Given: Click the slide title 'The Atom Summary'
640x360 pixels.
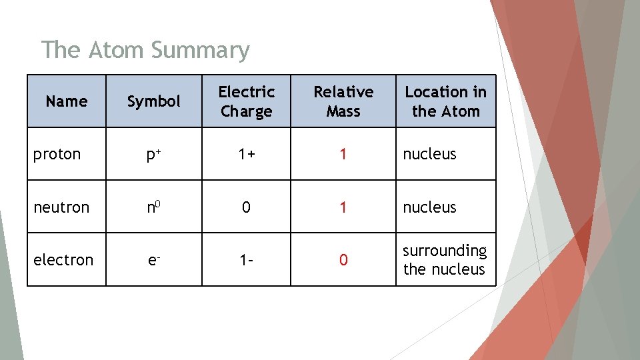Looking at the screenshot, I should [x=145, y=50].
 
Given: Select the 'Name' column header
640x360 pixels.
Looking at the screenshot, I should [x=67, y=101].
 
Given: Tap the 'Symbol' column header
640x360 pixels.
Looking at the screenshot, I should [x=154, y=101].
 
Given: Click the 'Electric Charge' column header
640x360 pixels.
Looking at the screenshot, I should [x=247, y=101].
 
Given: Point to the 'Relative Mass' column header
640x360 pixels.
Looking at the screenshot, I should [x=343, y=101].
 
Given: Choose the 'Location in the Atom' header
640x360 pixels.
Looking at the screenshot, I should [x=446, y=101].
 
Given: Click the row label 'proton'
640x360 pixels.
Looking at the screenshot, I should [x=57, y=154].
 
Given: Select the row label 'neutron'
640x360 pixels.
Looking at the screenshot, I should [x=61, y=207].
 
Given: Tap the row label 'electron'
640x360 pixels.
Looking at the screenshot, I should [x=63, y=260].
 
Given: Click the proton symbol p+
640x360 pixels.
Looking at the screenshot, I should [x=154, y=154].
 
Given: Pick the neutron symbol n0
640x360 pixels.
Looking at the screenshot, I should [x=154, y=207].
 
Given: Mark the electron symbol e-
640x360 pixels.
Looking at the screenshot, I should [x=154, y=260].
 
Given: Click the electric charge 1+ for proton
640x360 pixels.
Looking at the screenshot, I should [x=247, y=154].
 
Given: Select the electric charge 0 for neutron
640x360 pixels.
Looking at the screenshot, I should [x=247, y=207].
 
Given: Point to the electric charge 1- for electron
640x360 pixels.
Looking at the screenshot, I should [x=247, y=260].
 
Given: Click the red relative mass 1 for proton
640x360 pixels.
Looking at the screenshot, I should [x=343, y=154].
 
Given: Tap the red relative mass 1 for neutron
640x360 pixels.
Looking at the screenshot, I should [x=343, y=207].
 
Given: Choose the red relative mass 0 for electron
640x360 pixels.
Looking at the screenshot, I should [x=343, y=260].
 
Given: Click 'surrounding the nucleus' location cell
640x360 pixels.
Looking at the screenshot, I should [x=445, y=260].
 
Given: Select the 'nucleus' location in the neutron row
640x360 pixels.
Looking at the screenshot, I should [x=430, y=207].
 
